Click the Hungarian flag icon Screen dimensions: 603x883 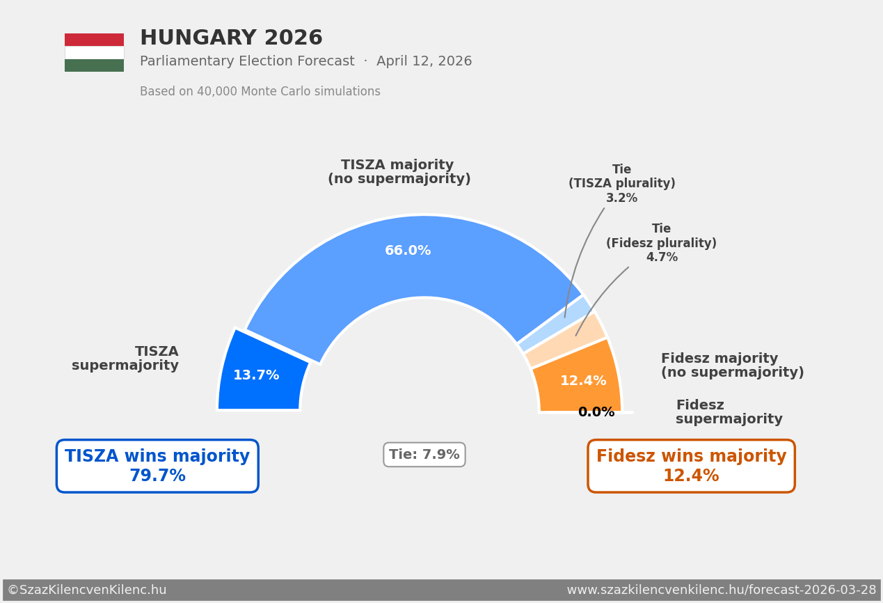click(94, 52)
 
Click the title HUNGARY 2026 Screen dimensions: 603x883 click(231, 38)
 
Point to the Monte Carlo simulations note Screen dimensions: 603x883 click(260, 92)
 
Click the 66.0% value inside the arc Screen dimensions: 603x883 click(408, 251)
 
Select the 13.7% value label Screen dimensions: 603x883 click(256, 375)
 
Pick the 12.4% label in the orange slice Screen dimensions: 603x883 click(583, 381)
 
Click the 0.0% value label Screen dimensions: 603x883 click(596, 412)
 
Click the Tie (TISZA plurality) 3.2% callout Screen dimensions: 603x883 click(621, 184)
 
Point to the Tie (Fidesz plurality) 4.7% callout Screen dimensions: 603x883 click(661, 243)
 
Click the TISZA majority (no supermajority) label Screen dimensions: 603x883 click(399, 172)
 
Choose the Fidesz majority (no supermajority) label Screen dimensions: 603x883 click(732, 366)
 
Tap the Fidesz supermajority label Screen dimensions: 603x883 click(729, 412)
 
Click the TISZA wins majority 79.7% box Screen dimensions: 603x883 click(157, 466)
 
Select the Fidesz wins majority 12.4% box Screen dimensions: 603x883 click(691, 466)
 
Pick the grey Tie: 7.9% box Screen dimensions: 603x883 click(424, 455)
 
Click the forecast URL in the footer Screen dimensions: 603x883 click(721, 590)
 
